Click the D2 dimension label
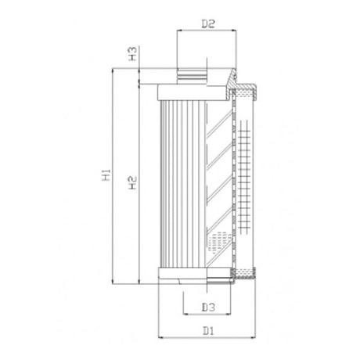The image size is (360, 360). (208, 23)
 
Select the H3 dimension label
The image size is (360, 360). (133, 54)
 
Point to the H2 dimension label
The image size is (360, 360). (133, 183)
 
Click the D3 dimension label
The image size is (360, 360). (208, 306)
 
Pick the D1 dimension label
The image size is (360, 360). (208, 331)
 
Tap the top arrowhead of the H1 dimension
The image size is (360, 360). (115, 71)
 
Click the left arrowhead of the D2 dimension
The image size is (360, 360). (179, 32)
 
